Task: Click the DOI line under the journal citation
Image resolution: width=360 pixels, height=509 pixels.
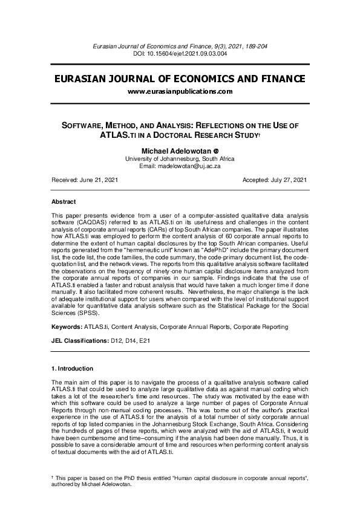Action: point(180,53)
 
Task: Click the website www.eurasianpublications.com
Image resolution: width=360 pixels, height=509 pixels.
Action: point(180,91)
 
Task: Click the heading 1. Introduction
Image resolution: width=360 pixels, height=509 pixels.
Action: point(73,368)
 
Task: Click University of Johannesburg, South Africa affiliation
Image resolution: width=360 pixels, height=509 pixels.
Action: point(180,158)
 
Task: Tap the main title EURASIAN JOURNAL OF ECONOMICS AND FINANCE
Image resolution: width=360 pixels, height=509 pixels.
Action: point(180,79)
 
